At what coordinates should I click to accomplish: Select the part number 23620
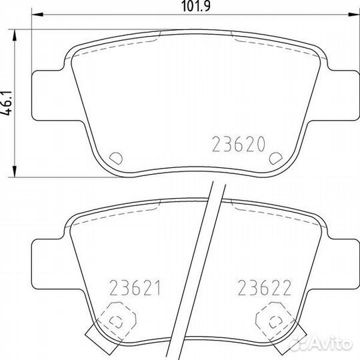[238, 143]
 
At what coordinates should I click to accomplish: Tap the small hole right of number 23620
[273, 159]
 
